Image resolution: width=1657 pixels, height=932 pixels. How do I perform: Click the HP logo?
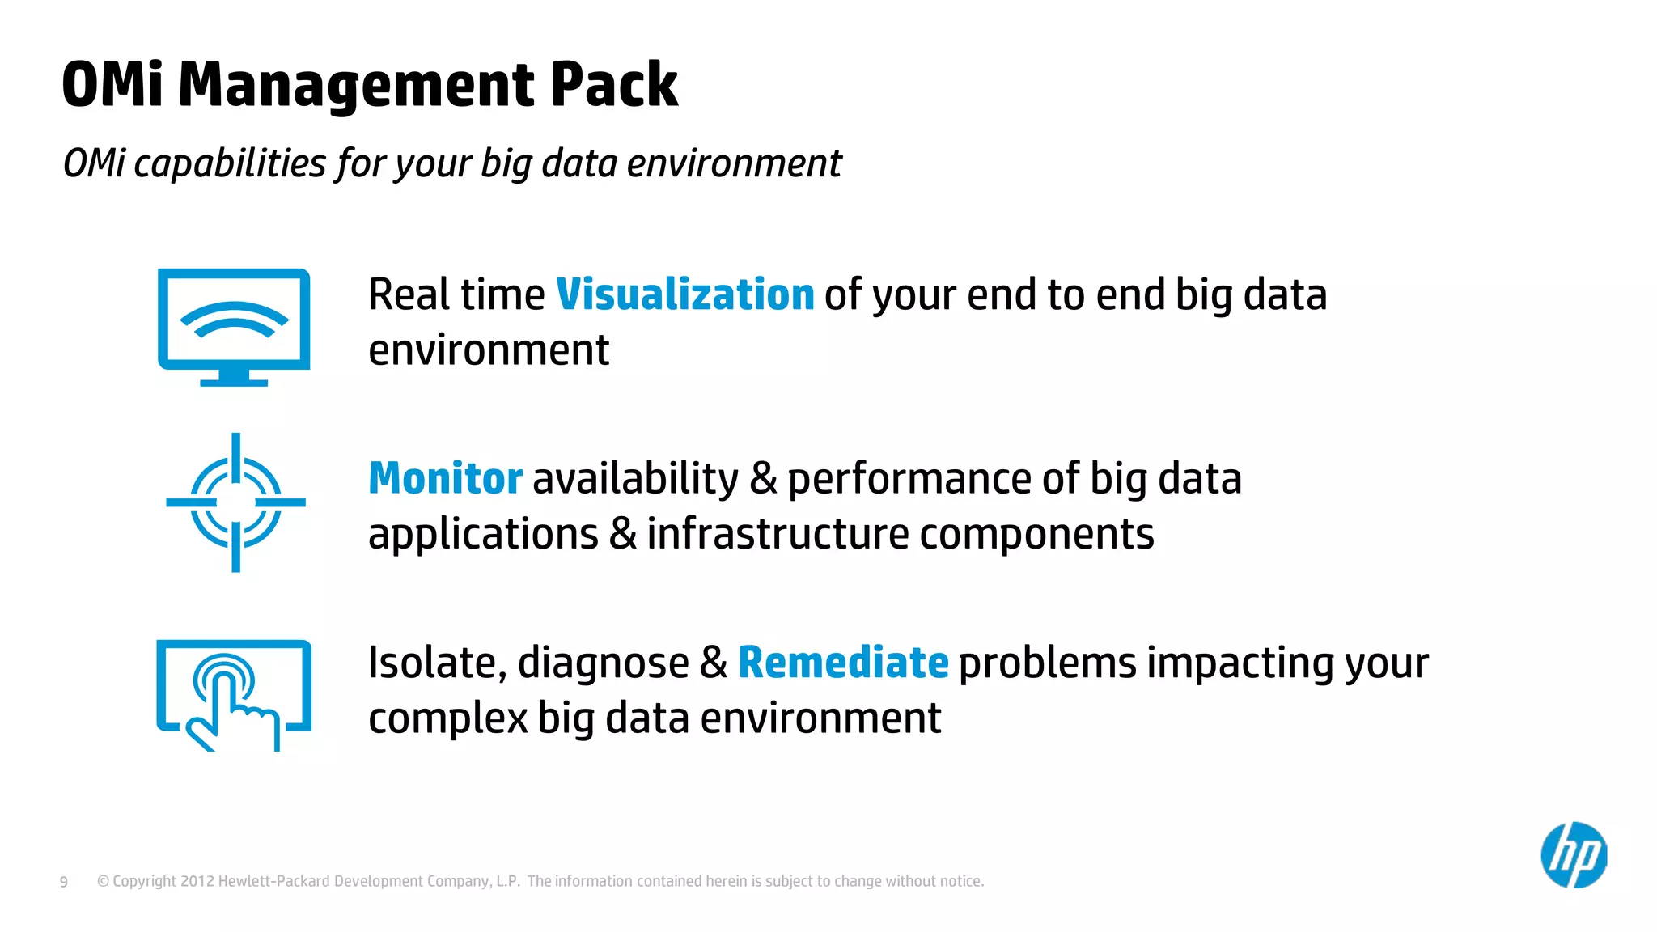[x=1573, y=855]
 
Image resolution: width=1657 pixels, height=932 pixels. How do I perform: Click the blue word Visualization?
[x=684, y=294]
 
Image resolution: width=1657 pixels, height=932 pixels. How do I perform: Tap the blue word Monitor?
[x=445, y=478]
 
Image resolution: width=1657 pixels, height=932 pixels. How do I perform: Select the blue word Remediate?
[x=842, y=663]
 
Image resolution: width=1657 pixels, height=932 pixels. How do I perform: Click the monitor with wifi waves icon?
[x=234, y=327]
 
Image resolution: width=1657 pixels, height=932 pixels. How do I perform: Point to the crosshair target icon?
[x=235, y=502]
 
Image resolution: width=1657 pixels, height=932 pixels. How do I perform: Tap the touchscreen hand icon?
[x=234, y=695]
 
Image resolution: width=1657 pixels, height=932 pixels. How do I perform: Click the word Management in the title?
[x=356, y=85]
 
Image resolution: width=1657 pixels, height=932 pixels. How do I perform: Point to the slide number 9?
[x=64, y=882]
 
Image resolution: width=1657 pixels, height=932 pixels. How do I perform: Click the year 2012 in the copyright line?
[x=197, y=881]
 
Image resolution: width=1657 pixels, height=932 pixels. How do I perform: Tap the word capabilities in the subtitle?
[x=230, y=163]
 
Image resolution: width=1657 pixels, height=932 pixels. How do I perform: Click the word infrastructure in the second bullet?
[x=778, y=534]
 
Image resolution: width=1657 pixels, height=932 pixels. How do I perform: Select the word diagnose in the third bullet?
[x=603, y=663]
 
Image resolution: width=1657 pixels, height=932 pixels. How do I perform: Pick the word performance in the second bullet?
[x=909, y=479]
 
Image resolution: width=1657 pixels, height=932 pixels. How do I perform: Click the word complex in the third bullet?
[x=447, y=718]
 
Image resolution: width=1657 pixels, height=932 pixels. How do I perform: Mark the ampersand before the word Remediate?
[x=713, y=663]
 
